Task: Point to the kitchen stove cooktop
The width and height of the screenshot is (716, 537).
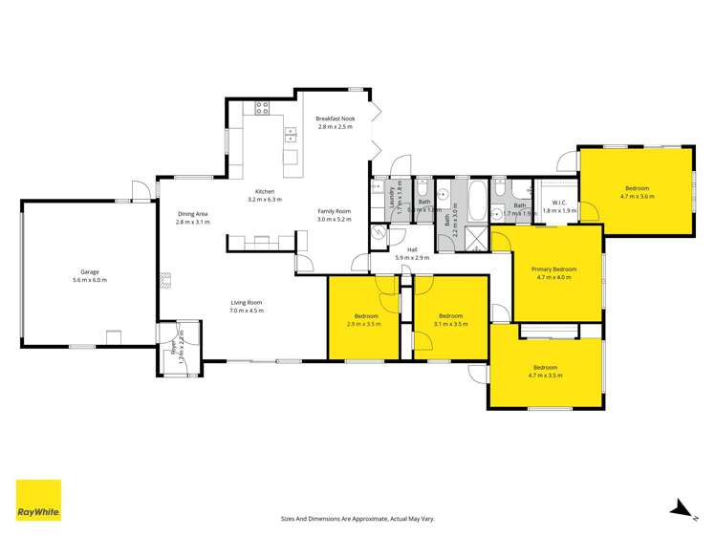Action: coord(259,110)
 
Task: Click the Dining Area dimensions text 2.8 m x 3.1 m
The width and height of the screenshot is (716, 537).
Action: coord(192,222)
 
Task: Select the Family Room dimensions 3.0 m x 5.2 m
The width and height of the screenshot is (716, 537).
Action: coord(335,219)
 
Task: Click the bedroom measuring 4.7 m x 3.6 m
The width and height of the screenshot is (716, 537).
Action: coord(638,192)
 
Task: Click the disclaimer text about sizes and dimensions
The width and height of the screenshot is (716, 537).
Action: coord(358,518)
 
